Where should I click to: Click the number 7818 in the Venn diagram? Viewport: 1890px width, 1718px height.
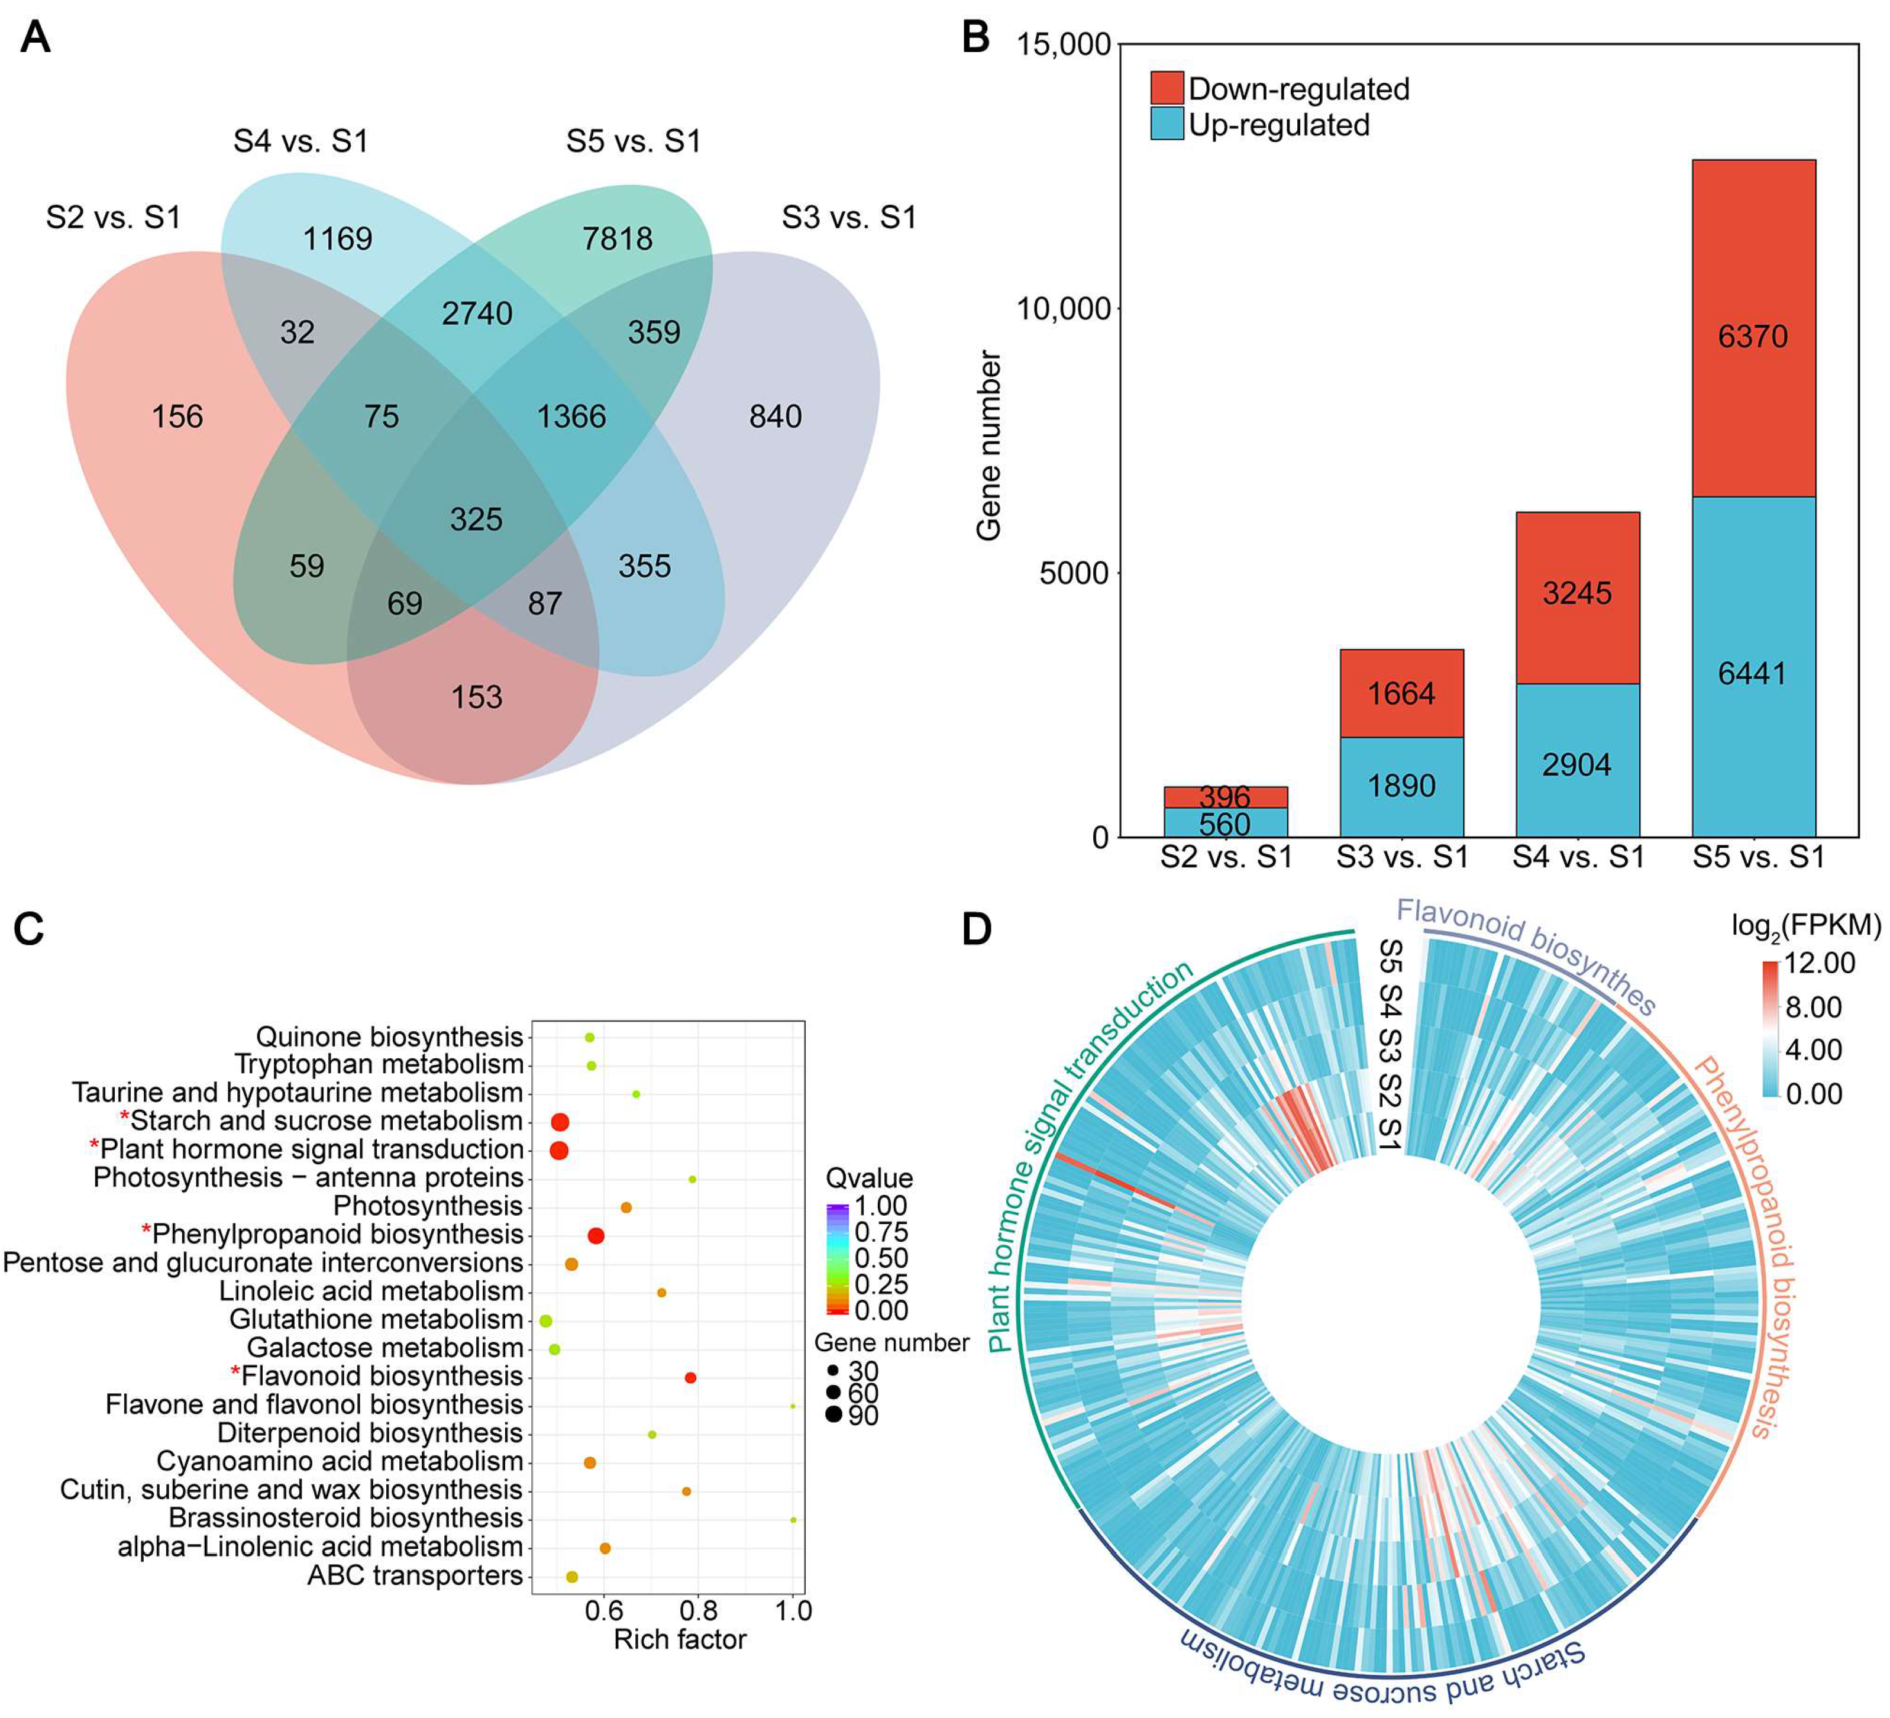[617, 239]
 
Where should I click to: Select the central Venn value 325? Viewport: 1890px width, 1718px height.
[476, 519]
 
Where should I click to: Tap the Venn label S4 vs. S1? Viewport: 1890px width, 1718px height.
[301, 141]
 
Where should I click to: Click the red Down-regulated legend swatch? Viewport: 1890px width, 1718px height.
[1167, 88]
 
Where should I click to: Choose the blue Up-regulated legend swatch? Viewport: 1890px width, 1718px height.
[1167, 125]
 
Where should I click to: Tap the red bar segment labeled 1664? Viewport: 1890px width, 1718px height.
[1401, 694]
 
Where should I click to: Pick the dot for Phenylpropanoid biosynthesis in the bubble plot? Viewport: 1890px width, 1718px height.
[595, 1236]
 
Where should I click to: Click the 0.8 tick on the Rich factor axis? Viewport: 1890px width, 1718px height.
[699, 1611]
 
